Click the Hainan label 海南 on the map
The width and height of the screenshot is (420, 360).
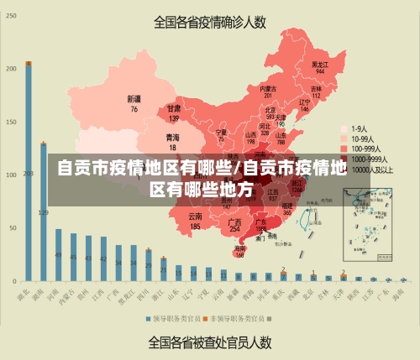240,251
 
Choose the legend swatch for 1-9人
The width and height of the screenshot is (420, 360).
344,128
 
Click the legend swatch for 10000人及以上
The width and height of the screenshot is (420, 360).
344,169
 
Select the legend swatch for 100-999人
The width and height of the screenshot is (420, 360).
344,149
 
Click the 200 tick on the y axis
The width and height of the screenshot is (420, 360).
11,68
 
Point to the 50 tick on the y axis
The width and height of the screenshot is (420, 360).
13,227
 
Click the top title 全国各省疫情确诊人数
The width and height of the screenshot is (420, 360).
209,22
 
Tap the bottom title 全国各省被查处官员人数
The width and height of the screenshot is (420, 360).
209,342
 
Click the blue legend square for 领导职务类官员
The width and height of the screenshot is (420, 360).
146,319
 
